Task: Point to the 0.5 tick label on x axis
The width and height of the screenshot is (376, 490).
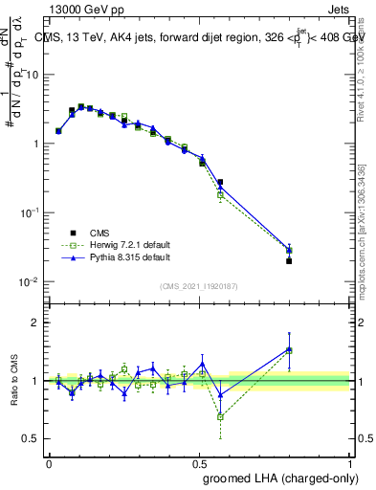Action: (200, 463)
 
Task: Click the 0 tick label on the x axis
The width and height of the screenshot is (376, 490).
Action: (49, 463)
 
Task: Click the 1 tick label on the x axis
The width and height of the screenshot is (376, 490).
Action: (350, 463)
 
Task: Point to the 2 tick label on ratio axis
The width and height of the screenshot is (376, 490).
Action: (35, 323)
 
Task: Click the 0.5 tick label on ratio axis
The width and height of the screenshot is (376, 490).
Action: (32, 438)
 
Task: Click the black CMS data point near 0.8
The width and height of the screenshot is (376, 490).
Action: (289, 260)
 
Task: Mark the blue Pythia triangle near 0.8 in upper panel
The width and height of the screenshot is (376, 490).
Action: (289, 249)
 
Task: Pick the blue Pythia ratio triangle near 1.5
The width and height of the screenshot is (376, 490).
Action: (289, 349)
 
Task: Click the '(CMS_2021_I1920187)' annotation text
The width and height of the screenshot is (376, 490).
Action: (198, 285)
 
